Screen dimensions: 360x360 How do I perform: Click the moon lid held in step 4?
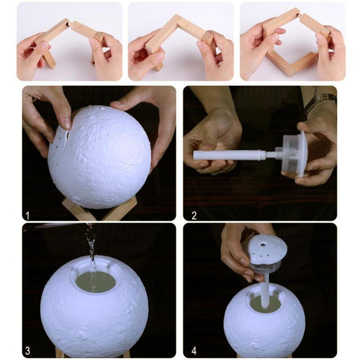click(264, 251)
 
